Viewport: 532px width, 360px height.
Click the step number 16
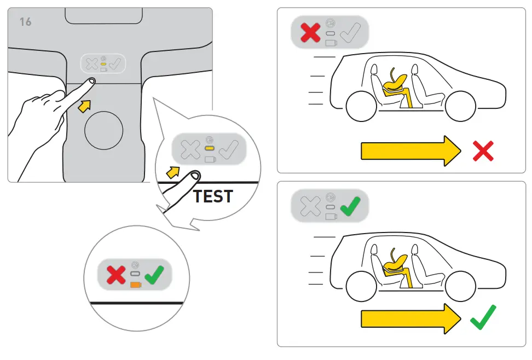point(26,22)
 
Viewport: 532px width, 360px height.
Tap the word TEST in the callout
point(213,196)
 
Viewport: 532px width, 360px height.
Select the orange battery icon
point(135,284)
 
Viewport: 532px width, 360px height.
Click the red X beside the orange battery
point(115,274)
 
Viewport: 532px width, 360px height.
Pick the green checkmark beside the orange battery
point(155,274)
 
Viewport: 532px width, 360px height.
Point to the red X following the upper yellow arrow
point(483,151)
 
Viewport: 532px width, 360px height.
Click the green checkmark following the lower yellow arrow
point(483,317)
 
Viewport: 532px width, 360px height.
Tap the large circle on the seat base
point(103,130)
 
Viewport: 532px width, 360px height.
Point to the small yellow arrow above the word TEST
point(172,173)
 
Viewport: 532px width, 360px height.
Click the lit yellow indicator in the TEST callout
point(209,148)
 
